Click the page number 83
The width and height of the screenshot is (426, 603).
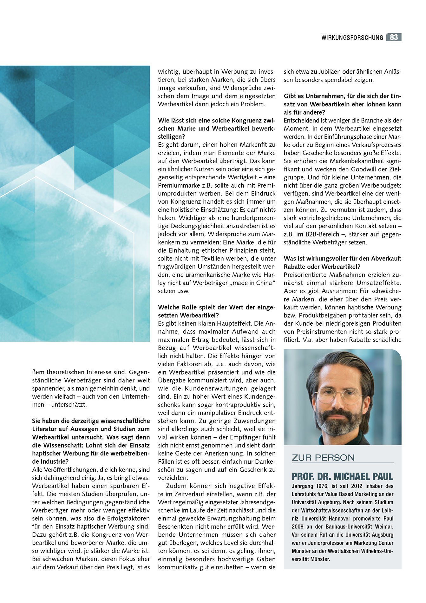394,37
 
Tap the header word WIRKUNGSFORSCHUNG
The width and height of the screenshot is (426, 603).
352,38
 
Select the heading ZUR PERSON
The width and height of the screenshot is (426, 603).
323,458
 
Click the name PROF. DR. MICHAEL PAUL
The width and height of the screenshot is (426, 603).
342,476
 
